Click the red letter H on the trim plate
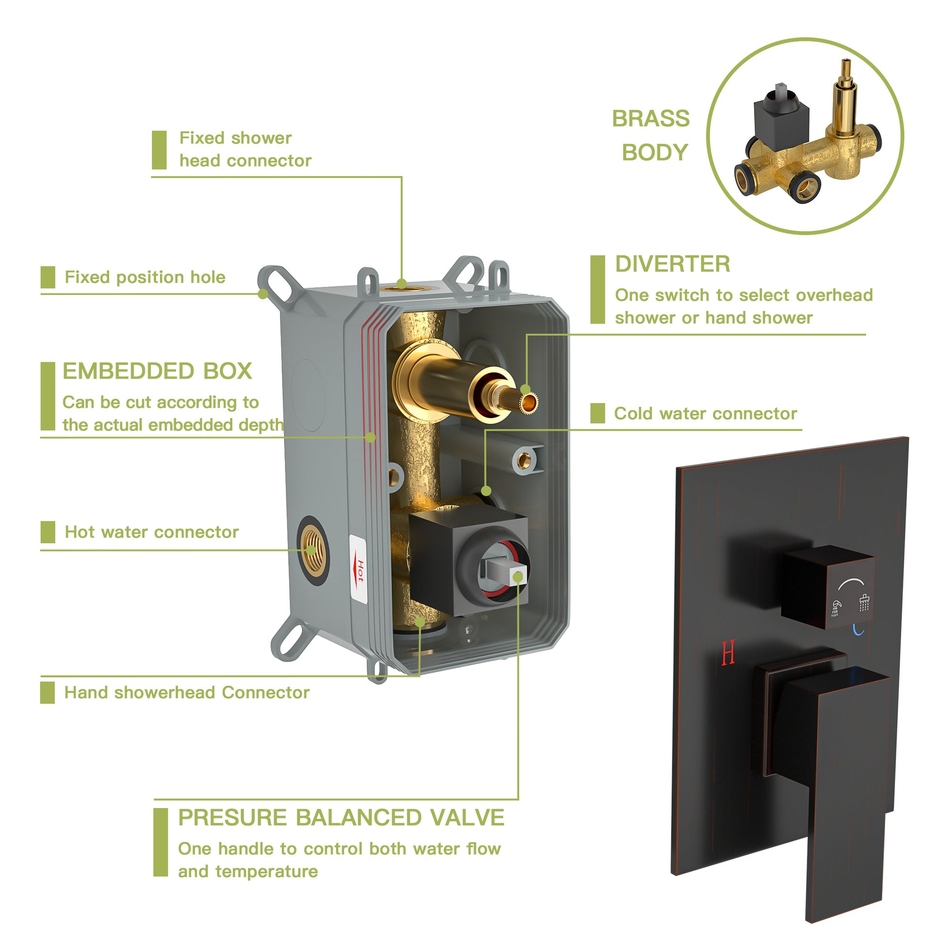728,653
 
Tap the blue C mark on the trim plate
859,630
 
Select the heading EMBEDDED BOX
157,372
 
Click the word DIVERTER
672,264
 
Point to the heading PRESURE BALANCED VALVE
341,818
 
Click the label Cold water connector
705,414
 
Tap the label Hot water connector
151,532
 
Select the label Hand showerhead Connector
187,693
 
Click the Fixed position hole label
145,277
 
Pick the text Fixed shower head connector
244,149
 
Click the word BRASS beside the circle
651,119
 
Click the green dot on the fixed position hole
263,294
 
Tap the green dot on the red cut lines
371,437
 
